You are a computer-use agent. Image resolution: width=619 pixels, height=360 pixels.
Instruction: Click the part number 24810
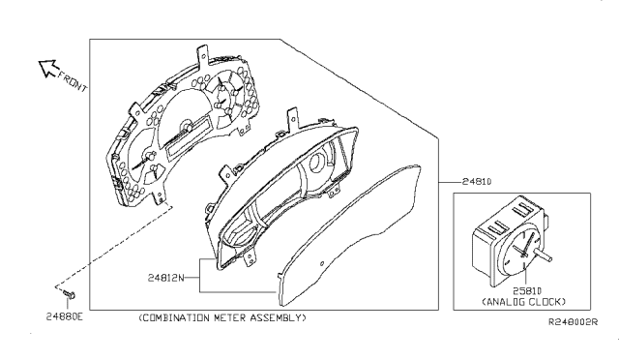tap(477, 182)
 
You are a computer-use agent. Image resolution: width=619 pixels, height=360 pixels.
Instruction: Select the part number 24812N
tap(166, 278)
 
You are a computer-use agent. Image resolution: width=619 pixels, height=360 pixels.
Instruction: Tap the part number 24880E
tap(65, 316)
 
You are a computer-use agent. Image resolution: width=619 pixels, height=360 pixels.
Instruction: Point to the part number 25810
tap(527, 291)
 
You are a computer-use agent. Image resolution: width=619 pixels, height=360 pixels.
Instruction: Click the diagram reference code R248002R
tap(574, 322)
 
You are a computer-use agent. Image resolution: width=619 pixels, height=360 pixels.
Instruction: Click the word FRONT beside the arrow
tap(73, 80)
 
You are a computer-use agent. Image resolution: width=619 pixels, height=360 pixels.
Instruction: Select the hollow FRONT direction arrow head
tap(48, 68)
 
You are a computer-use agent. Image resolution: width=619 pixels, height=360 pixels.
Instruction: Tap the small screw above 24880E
tap(69, 294)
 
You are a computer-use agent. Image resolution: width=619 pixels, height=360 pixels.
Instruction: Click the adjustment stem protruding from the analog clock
tap(543, 255)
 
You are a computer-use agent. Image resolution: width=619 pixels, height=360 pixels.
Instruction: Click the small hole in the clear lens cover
tap(322, 263)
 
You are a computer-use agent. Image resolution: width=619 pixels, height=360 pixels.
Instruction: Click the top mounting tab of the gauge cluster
tap(203, 55)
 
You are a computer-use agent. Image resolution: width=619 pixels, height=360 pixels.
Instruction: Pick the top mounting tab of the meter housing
tap(292, 116)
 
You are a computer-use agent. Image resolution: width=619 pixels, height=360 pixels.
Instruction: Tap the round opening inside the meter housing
tap(317, 163)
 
